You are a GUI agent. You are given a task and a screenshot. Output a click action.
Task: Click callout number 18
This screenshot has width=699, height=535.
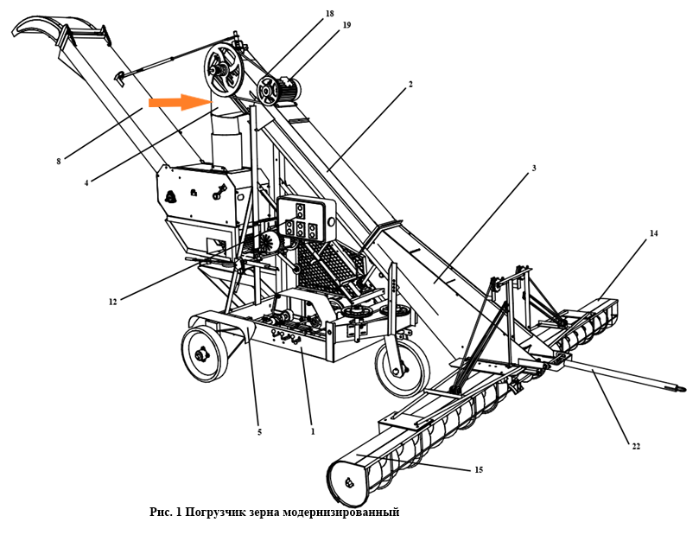[x=329, y=14]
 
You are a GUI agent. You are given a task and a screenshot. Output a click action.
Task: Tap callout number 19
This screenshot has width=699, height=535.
[x=346, y=25]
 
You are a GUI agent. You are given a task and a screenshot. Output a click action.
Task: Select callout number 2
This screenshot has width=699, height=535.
[x=410, y=84]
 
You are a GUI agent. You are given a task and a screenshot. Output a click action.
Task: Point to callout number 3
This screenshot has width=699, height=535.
[x=534, y=168]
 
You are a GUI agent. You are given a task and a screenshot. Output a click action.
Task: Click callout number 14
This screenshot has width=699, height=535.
[x=653, y=233]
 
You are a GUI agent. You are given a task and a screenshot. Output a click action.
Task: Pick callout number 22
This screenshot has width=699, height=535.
[x=636, y=446]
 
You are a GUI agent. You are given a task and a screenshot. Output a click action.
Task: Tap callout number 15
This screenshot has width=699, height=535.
[x=479, y=470]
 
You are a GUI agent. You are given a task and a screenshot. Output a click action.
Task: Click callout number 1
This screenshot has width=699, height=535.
[x=313, y=431]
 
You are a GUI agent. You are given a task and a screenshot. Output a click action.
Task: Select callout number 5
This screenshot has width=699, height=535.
[x=259, y=432]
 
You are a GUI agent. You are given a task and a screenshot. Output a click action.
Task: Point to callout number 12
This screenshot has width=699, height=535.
[x=112, y=302]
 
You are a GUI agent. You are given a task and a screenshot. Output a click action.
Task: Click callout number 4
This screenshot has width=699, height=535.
[x=86, y=182]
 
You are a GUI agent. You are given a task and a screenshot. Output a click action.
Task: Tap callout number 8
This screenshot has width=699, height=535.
[x=59, y=162]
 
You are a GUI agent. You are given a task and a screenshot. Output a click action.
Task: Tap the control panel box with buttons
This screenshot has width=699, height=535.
[x=306, y=220]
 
